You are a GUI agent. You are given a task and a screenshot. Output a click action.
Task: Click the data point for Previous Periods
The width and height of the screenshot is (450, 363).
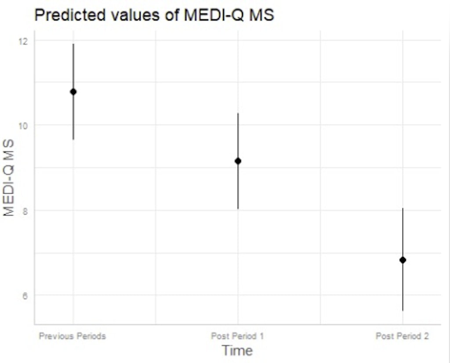point(73,92)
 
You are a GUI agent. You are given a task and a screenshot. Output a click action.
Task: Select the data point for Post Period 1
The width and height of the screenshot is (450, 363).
point(238,161)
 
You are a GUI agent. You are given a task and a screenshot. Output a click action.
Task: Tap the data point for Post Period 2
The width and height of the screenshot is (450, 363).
point(403,260)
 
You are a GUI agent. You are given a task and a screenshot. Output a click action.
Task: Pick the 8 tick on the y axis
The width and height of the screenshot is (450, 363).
point(24,210)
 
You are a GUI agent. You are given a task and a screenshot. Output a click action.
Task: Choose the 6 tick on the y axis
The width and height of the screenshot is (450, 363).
point(24,295)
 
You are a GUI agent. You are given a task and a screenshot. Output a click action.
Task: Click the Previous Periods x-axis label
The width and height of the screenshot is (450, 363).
point(73,337)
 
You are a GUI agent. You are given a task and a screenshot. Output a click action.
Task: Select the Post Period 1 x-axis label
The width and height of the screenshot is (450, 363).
point(237,337)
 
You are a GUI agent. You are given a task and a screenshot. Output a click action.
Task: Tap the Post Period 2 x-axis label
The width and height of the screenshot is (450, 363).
point(402,337)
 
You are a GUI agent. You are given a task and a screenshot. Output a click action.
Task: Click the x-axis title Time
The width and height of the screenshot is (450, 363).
point(237,351)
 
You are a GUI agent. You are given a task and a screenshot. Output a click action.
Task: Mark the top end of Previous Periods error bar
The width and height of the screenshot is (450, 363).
point(73,44)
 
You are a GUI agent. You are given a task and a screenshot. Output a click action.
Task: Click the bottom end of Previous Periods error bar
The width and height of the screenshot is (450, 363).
point(73,139)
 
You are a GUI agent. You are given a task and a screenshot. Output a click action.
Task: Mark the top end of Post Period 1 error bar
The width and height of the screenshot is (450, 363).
point(238,114)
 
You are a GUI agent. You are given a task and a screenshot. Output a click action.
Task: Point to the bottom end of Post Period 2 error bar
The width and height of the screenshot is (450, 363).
point(403,311)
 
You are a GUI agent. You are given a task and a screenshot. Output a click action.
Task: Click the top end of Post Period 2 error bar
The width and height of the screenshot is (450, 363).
point(403,208)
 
